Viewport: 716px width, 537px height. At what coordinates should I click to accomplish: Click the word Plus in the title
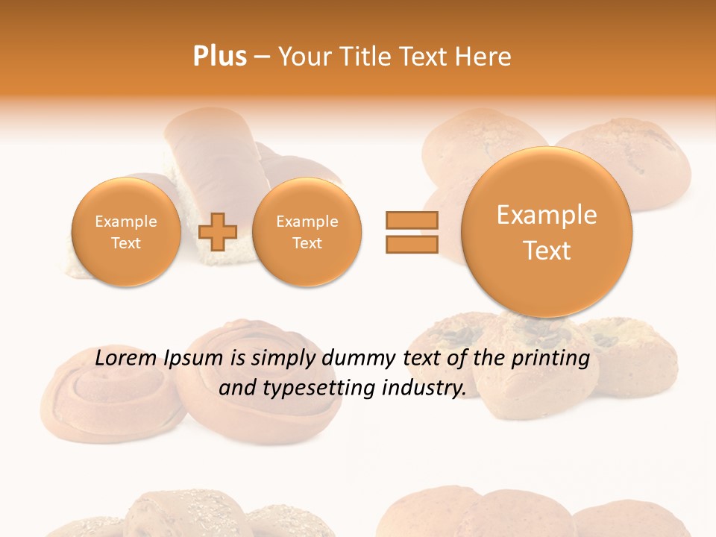[x=219, y=56]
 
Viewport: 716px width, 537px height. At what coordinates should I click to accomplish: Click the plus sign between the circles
[x=217, y=232]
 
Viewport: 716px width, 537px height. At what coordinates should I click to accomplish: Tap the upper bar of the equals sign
[x=411, y=220]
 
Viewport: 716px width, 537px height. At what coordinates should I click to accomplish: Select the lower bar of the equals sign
[x=411, y=244]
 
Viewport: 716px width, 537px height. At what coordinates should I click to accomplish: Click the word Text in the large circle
[x=547, y=251]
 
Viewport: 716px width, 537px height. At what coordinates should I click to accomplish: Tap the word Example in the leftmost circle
[x=126, y=222]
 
